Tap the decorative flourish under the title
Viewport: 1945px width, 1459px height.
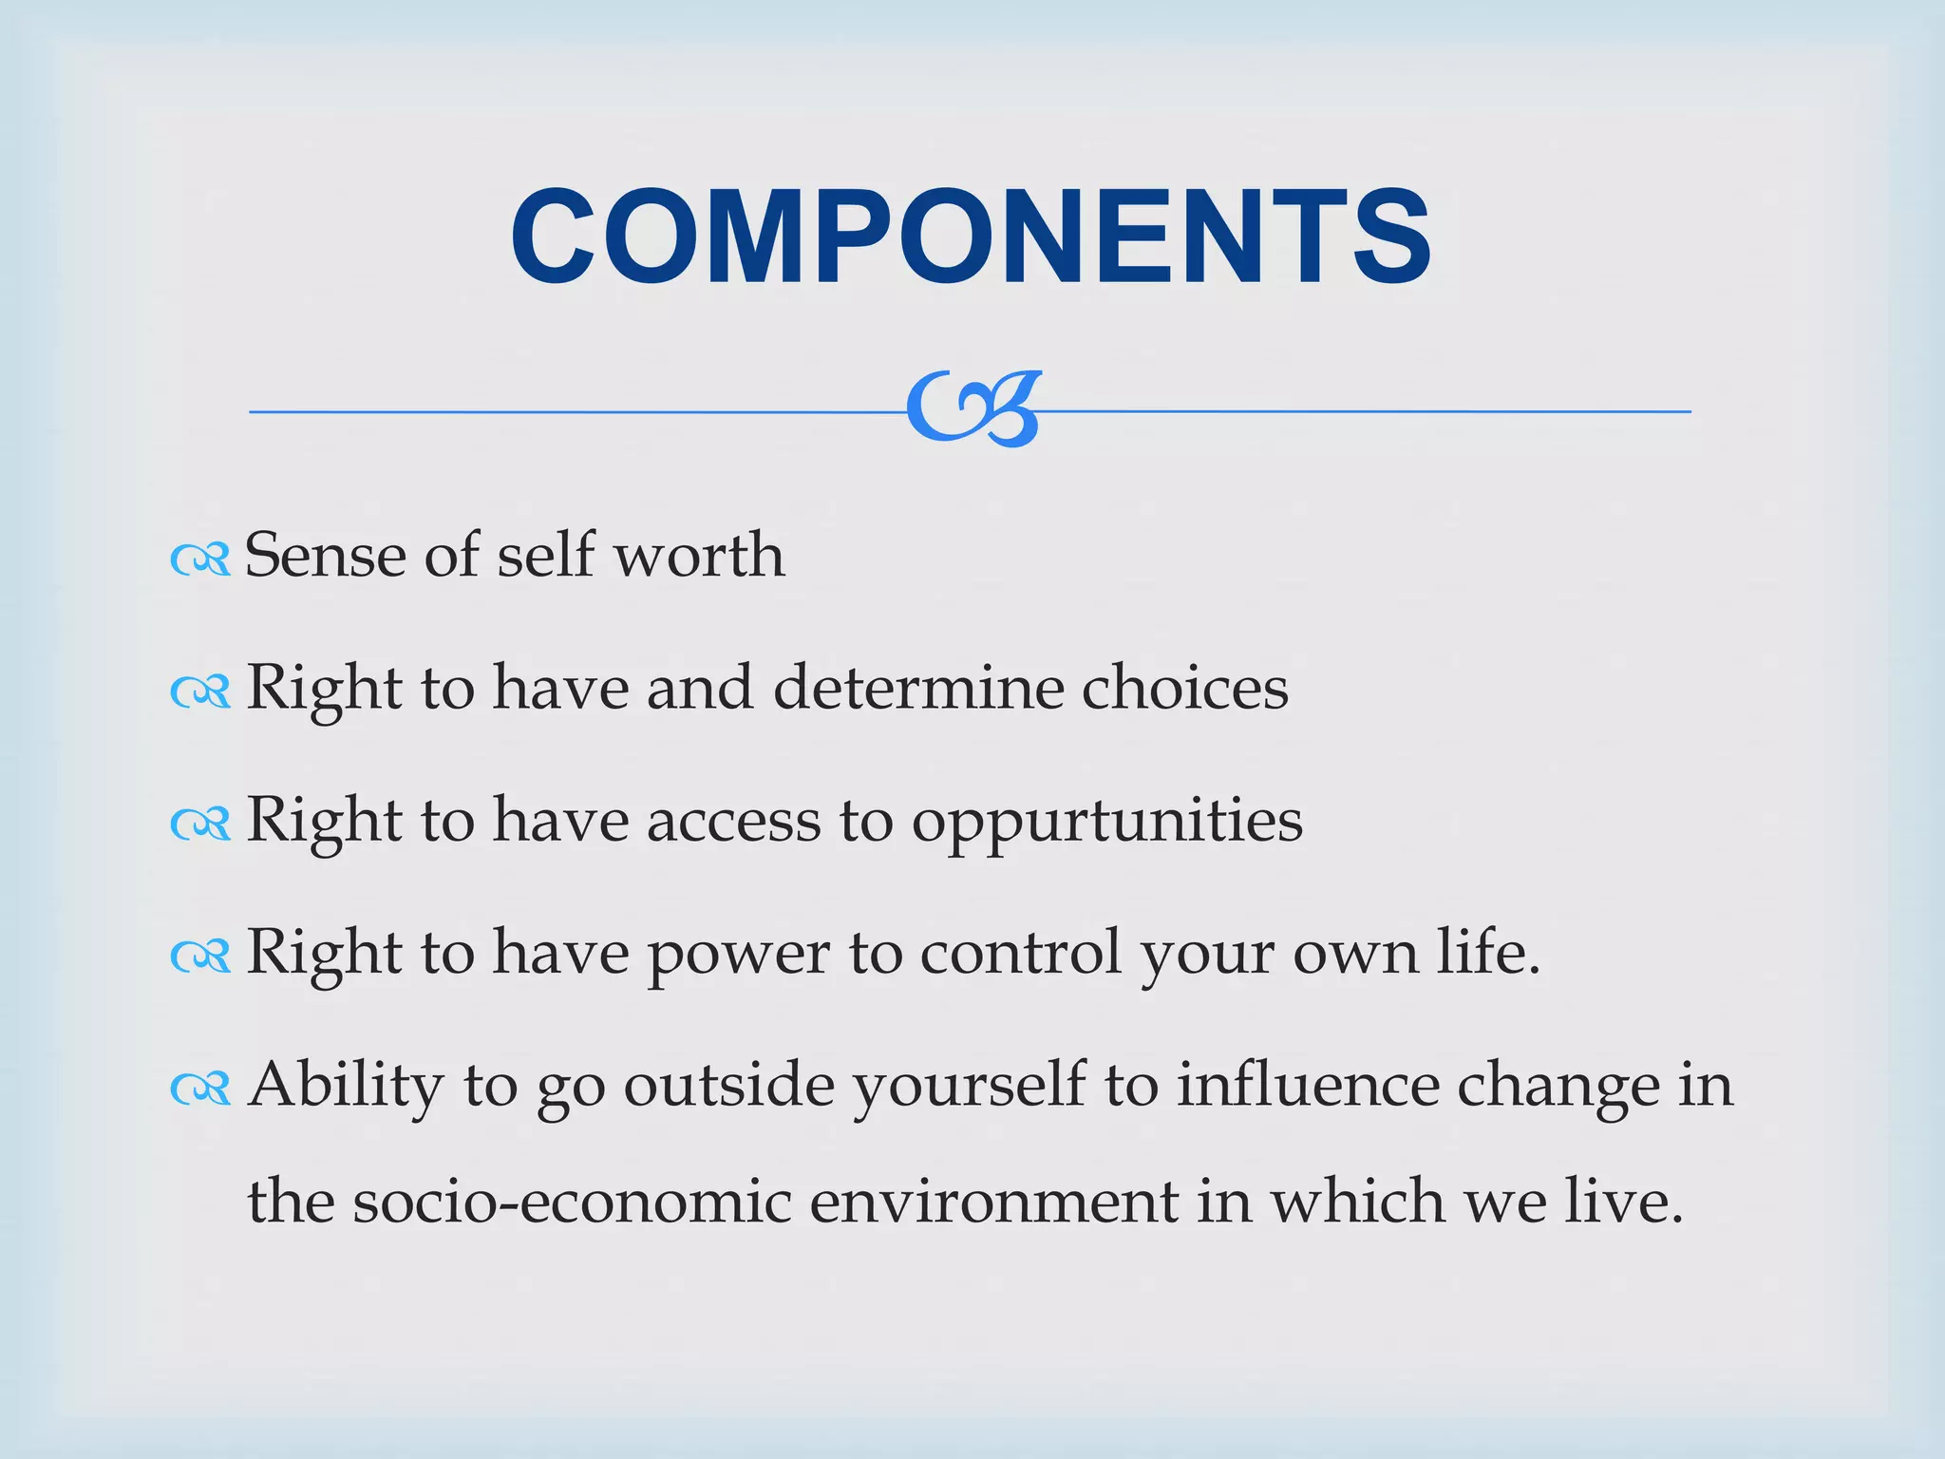click(972, 409)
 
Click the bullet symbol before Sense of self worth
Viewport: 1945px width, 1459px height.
click(200, 559)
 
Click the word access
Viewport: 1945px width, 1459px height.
click(733, 821)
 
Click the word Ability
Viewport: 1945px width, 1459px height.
click(346, 1086)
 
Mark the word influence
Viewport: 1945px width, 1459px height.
click(1308, 1084)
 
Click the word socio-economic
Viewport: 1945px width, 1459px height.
click(572, 1202)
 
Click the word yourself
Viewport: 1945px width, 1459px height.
click(969, 1086)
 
